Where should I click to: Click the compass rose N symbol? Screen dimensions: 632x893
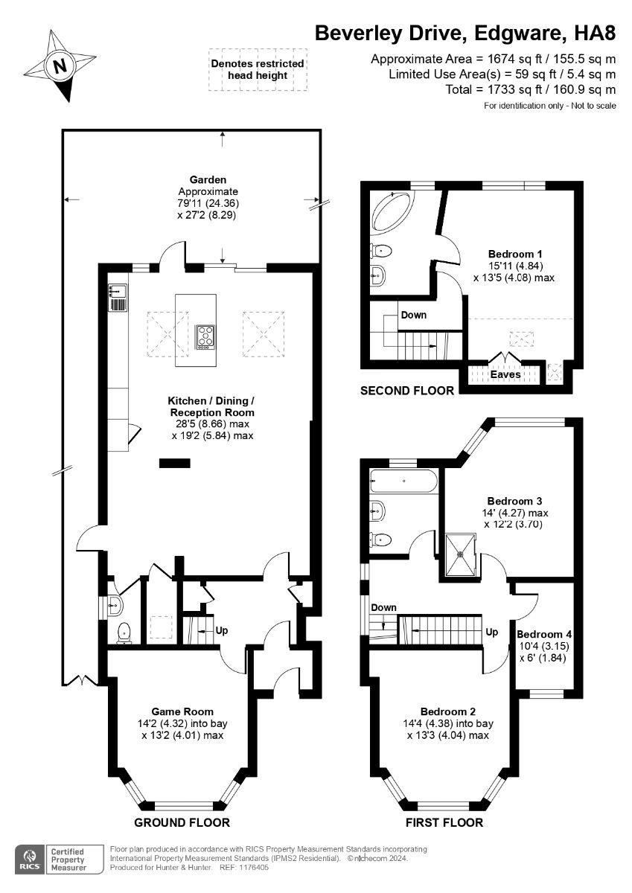pos(60,65)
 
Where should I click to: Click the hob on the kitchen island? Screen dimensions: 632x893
pos(205,337)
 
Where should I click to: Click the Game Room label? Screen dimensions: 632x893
pos(182,711)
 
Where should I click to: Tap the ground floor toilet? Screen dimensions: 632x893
pos(124,633)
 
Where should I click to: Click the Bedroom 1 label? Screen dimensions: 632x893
pos(515,254)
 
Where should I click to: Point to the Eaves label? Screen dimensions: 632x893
pos(505,374)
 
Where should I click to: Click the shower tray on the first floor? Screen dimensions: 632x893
pos(461,554)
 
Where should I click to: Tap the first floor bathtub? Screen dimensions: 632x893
pos(404,481)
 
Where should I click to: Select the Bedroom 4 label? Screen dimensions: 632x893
pos(544,634)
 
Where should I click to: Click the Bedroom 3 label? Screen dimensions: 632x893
pos(515,501)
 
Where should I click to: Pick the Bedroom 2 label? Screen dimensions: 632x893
pos(448,711)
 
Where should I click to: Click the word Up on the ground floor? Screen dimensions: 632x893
pos(222,630)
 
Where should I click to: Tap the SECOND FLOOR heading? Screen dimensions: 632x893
pos(407,391)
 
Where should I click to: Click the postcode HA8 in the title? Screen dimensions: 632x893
pos(595,33)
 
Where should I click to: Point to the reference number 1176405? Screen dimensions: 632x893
pos(254,868)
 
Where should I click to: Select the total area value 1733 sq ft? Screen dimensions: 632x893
pos(514,89)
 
